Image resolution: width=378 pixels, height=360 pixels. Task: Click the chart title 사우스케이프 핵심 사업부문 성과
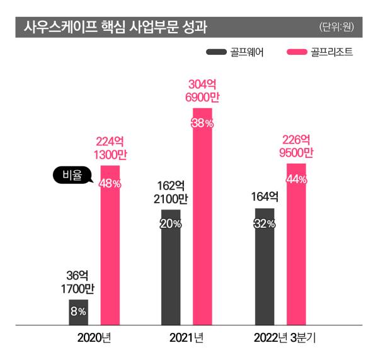[115, 27]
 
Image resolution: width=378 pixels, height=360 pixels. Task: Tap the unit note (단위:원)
[337, 27]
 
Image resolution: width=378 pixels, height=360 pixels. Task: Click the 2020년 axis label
[94, 339]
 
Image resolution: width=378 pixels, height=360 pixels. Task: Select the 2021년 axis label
[186, 339]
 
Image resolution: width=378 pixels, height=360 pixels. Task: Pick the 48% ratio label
[110, 183]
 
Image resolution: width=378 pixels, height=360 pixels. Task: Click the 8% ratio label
[78, 311]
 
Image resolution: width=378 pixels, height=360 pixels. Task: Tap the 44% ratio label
[295, 179]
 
